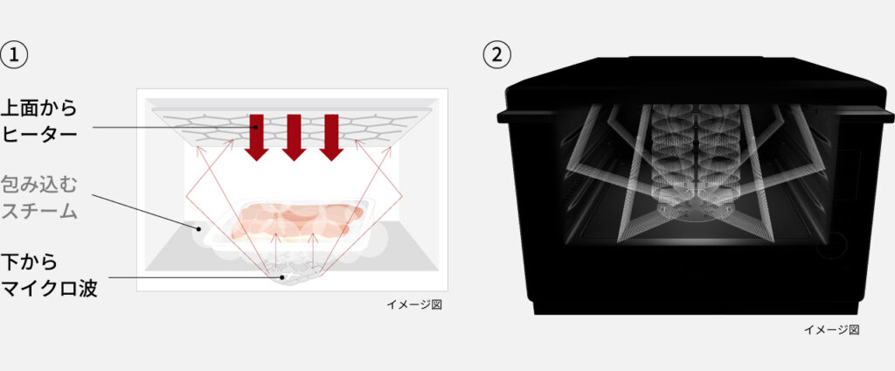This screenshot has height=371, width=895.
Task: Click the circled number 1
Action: pos(14,55)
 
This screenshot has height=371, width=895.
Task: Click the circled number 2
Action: pos(497,55)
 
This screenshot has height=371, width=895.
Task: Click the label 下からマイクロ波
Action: pos(49,276)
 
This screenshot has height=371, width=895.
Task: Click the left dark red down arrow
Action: pos(256,137)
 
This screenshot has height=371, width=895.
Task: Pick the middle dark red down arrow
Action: pos(294,137)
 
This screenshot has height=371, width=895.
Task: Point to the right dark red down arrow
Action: pos(331,137)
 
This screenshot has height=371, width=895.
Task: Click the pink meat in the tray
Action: pos(297,220)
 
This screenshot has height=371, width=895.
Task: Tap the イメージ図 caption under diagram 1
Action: pos(413,304)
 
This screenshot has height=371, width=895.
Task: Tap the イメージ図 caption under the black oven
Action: pos(831,330)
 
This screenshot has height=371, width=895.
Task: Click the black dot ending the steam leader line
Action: pos(198,229)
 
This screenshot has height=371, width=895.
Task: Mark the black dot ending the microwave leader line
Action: pos(282,278)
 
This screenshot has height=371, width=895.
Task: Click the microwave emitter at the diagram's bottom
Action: pos(295,274)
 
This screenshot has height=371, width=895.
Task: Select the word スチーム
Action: pos(38,211)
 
